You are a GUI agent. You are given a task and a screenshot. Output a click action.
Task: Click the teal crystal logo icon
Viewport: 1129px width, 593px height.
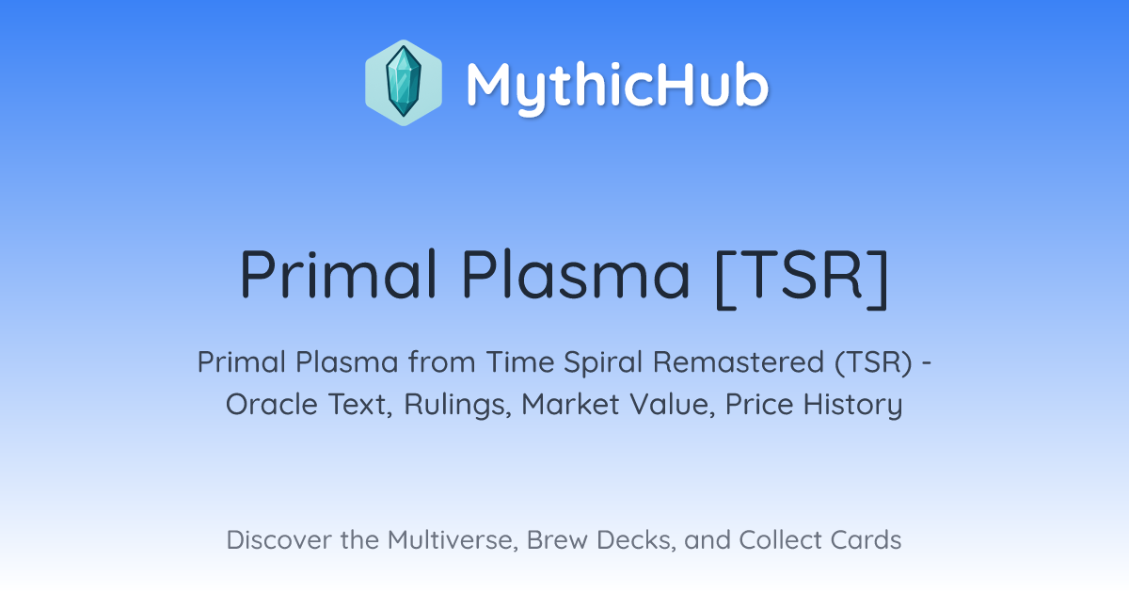(x=404, y=83)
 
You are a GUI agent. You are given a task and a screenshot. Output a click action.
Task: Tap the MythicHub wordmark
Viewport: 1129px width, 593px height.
(x=617, y=85)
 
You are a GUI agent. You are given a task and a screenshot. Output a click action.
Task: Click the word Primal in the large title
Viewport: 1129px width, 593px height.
(x=338, y=274)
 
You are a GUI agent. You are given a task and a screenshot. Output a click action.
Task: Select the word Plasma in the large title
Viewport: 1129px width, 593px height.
(x=576, y=274)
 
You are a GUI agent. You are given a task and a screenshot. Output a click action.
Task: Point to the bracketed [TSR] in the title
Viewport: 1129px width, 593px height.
(x=802, y=277)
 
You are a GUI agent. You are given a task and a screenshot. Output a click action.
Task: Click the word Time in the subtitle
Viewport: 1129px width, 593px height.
(x=519, y=362)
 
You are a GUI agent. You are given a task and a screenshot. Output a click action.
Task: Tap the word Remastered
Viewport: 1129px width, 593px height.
(x=739, y=362)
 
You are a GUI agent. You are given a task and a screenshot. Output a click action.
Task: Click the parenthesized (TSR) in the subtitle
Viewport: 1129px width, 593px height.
(x=873, y=363)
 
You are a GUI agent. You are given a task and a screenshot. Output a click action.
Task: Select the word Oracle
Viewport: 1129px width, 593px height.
(x=272, y=405)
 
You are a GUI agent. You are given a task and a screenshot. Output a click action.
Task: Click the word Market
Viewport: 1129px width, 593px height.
(x=570, y=405)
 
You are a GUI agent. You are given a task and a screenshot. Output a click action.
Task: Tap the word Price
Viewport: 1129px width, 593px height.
(x=759, y=405)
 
